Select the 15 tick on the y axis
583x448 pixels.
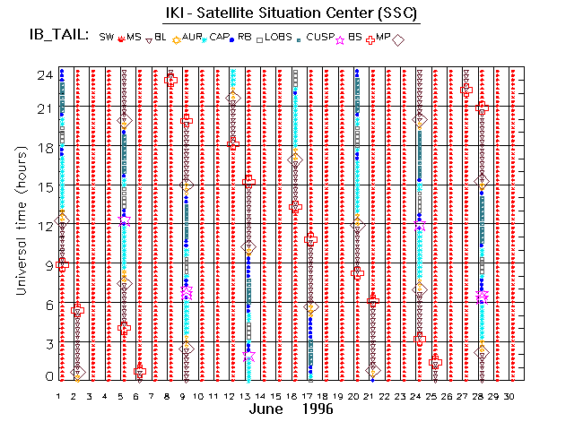click(x=41, y=186)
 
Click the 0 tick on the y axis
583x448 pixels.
click(x=46, y=377)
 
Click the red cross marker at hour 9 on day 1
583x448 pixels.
click(x=62, y=264)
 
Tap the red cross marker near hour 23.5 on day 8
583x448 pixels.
click(x=171, y=81)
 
